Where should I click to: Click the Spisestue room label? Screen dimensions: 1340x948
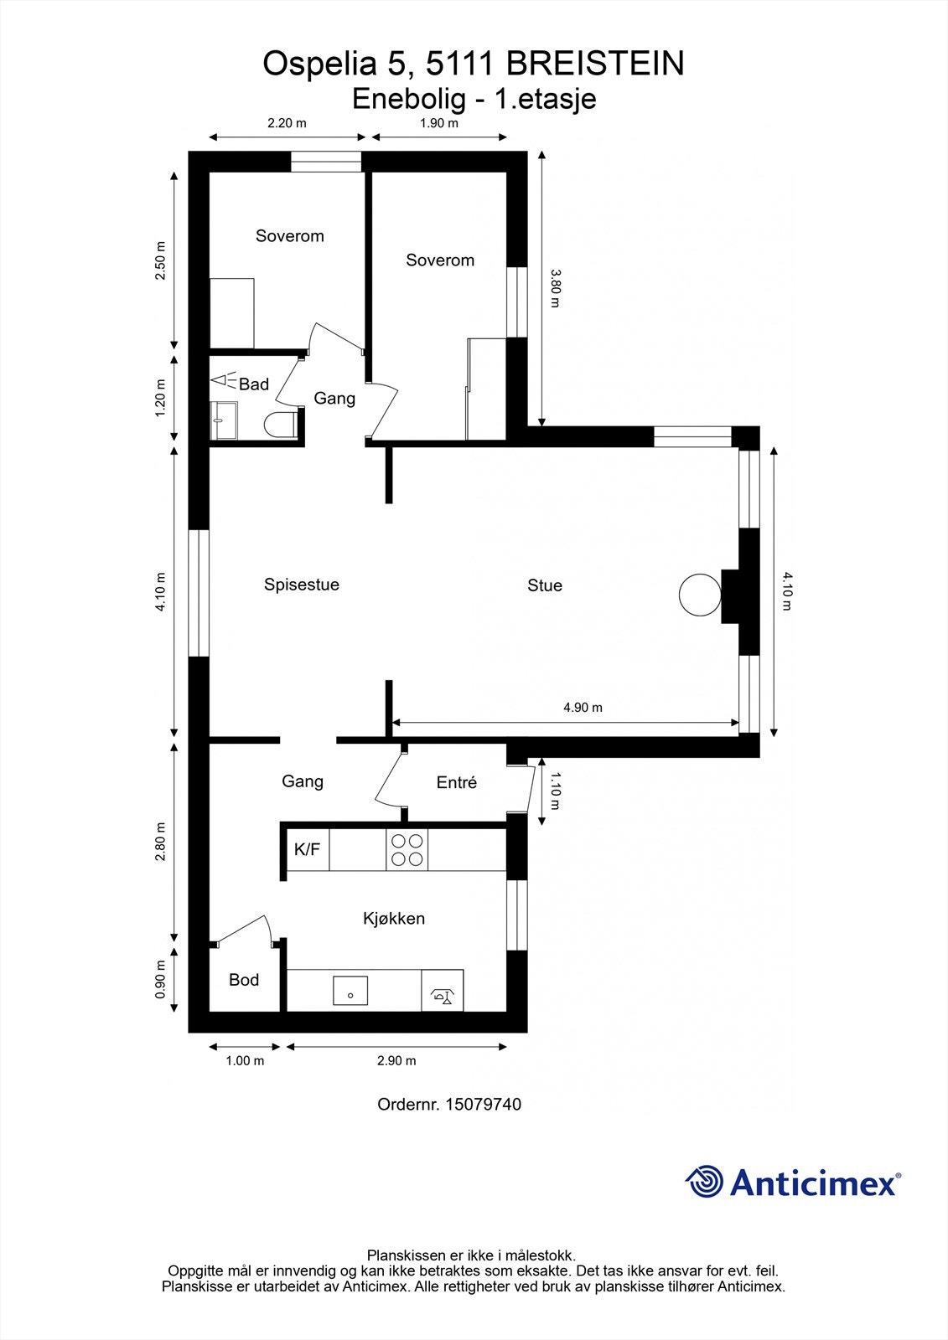pyautogui.click(x=302, y=585)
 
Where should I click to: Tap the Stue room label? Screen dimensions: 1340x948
pyautogui.click(x=545, y=585)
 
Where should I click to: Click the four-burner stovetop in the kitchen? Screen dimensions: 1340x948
pyautogui.click(x=407, y=850)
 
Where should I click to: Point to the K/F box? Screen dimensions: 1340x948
pyautogui.click(x=307, y=850)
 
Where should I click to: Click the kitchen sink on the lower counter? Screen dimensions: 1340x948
pyautogui.click(x=350, y=991)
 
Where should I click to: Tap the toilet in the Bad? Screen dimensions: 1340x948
pyautogui.click(x=279, y=425)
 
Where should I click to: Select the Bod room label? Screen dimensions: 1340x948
pyautogui.click(x=244, y=980)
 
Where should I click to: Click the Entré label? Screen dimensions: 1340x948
pyautogui.click(x=457, y=782)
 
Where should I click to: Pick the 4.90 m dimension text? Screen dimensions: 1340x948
pyautogui.click(x=583, y=708)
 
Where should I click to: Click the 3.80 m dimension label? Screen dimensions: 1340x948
pyautogui.click(x=555, y=288)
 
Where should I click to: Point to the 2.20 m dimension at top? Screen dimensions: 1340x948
pyautogui.click(x=287, y=123)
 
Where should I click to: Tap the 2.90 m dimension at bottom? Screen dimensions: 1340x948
pyautogui.click(x=396, y=1061)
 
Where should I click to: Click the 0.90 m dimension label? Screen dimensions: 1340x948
pyautogui.click(x=161, y=979)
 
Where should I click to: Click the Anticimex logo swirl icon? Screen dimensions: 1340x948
pyautogui.click(x=704, y=1183)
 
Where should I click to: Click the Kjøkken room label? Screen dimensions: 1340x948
pyautogui.click(x=394, y=919)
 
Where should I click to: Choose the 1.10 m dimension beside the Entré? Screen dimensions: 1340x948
pyautogui.click(x=555, y=791)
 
